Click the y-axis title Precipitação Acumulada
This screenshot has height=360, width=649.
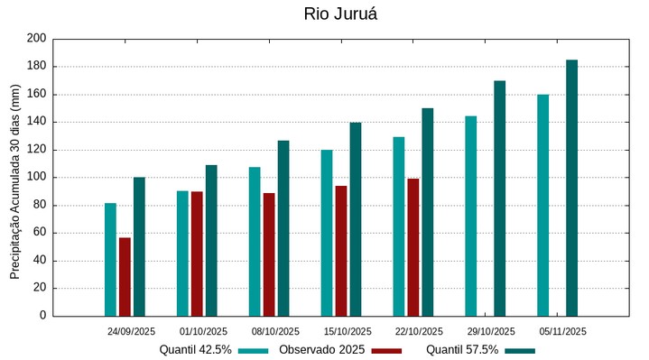point(15,180)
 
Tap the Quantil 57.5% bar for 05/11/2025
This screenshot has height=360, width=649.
point(571,188)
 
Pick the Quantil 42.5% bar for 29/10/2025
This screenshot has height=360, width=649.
point(471,216)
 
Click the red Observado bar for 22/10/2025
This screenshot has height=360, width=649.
point(413,247)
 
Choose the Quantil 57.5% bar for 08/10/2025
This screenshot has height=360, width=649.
point(283,228)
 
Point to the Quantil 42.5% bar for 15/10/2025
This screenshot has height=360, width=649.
point(327,233)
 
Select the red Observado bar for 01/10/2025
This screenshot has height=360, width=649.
point(197,254)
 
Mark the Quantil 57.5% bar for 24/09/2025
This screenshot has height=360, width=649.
point(139,246)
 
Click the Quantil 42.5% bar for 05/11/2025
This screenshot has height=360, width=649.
point(542,205)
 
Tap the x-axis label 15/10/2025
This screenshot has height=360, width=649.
point(348,331)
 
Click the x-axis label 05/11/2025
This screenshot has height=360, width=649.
point(563,331)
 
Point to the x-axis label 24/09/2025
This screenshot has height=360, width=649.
point(132,331)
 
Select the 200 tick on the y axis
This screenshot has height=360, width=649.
point(36,39)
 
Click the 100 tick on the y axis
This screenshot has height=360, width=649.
point(36,178)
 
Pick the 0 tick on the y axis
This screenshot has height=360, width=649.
point(42,316)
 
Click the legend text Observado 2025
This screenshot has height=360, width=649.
point(321,349)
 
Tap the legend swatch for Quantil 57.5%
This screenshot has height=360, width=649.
point(520,350)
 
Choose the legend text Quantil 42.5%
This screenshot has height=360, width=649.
point(196,349)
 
